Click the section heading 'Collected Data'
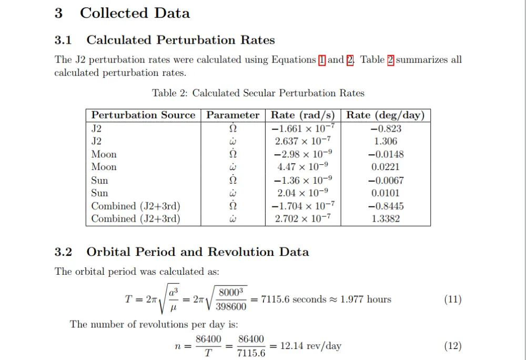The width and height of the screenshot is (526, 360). click(x=135, y=13)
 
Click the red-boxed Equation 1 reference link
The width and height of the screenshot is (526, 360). click(x=322, y=59)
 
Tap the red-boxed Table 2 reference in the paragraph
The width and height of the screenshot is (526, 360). click(x=390, y=59)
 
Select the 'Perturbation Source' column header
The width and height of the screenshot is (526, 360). click(x=143, y=115)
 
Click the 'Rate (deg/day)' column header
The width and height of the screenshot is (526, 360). click(x=386, y=115)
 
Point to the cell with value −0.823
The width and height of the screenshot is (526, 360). click(x=386, y=129)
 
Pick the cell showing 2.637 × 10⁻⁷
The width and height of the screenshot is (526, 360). click(x=302, y=141)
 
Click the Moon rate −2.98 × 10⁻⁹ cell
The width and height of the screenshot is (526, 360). click(x=302, y=154)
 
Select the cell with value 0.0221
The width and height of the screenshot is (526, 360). click(x=386, y=167)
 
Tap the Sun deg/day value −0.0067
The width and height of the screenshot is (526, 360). click(x=386, y=181)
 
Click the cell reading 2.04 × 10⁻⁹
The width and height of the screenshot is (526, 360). click(x=302, y=193)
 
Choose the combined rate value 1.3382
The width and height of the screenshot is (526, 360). click(x=386, y=219)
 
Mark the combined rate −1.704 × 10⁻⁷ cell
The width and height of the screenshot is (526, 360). click(x=302, y=206)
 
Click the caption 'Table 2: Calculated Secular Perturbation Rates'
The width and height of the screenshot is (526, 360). click(x=258, y=93)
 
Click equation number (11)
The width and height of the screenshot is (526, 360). click(x=453, y=299)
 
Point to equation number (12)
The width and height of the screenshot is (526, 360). click(x=453, y=346)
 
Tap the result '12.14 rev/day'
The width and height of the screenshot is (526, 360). click(x=311, y=346)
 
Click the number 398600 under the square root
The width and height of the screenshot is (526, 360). click(x=231, y=307)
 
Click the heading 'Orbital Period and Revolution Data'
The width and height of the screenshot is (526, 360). click(x=198, y=252)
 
